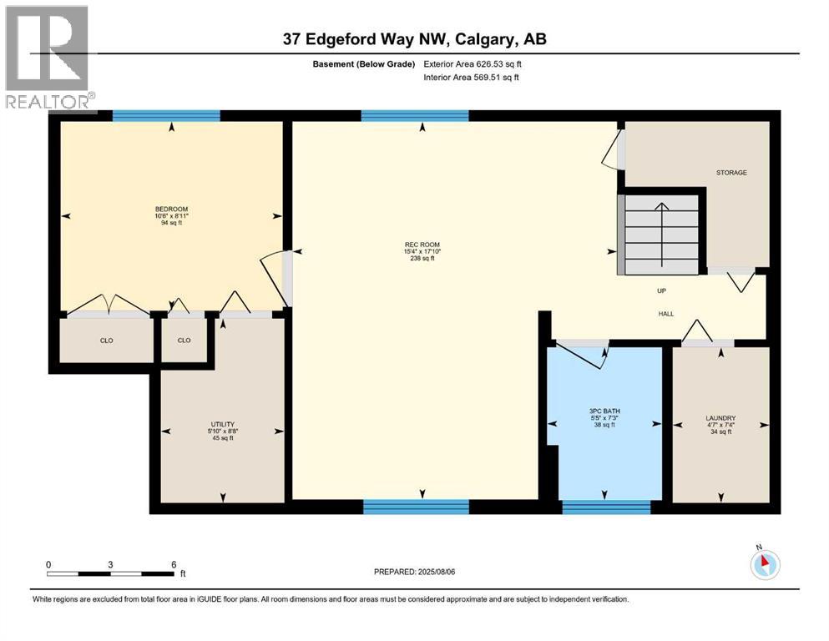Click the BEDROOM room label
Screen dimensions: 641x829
point(171,209)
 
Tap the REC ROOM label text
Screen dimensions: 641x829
point(421,245)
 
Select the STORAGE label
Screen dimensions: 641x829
point(730,173)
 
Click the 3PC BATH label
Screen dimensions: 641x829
point(604,411)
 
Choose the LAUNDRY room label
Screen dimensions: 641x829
point(720,418)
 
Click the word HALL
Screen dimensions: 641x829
point(665,314)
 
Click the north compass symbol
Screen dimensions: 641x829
point(764,564)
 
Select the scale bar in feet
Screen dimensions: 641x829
point(110,573)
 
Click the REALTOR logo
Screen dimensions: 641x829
point(48,58)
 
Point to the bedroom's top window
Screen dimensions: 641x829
point(166,116)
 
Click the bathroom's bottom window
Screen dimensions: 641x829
point(606,506)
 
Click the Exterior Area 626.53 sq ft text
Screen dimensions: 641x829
point(473,63)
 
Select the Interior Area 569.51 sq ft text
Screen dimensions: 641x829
point(472,78)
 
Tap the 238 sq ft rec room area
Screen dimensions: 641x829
point(421,259)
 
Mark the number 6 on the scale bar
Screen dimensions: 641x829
point(172,564)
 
